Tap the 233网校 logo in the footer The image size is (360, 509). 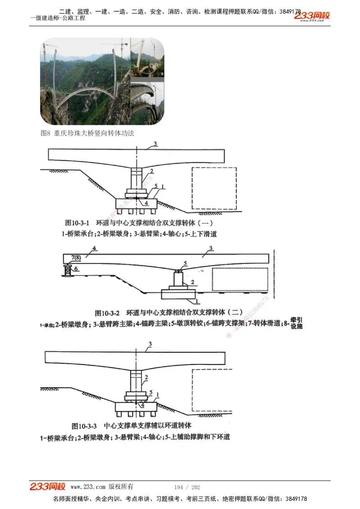pos(48,487)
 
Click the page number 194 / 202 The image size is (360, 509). pos(187,487)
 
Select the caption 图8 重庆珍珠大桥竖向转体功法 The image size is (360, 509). pos(87,133)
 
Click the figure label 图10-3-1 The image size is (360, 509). pos(78,223)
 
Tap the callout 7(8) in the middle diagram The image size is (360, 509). pos(75,257)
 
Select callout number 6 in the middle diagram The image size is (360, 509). pos(76,268)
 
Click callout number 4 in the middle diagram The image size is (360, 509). pos(94,248)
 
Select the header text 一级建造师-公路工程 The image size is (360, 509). pos(58,18)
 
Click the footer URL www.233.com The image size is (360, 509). pos(88,487)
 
